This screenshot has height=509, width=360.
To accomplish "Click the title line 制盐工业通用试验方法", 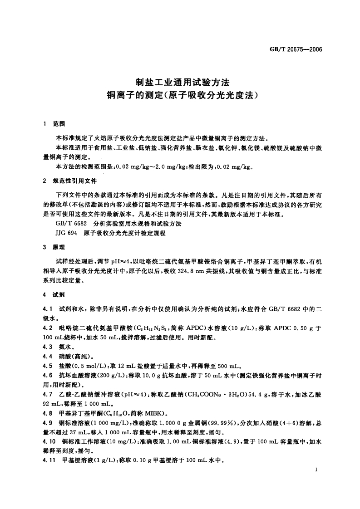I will coord(180,83).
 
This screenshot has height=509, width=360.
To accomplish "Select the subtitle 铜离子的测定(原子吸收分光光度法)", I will coord(180,96).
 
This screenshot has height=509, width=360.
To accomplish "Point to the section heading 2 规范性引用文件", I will coord(69,181).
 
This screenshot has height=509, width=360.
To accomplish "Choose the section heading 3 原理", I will coord(54,247).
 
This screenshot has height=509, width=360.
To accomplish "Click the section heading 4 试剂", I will coord(54,294).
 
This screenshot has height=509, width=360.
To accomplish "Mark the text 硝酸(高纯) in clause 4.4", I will coord(73,356).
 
